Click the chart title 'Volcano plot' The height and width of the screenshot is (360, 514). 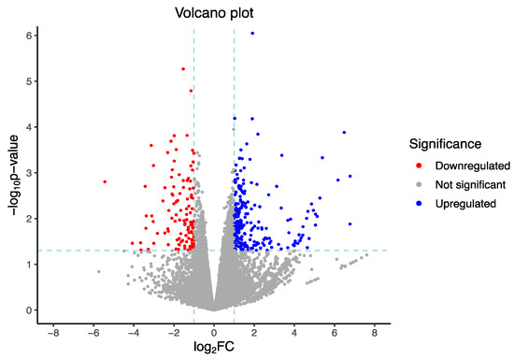pos(213,14)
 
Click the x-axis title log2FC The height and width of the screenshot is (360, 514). pos(213,349)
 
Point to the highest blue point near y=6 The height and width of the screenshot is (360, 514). pos(252,34)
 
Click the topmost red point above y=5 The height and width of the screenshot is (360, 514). pos(183,68)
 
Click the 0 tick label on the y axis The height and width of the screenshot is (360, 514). pos(29,310)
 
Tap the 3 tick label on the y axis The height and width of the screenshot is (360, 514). pos(29,172)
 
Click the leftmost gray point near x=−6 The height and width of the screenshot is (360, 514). pos(98,271)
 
